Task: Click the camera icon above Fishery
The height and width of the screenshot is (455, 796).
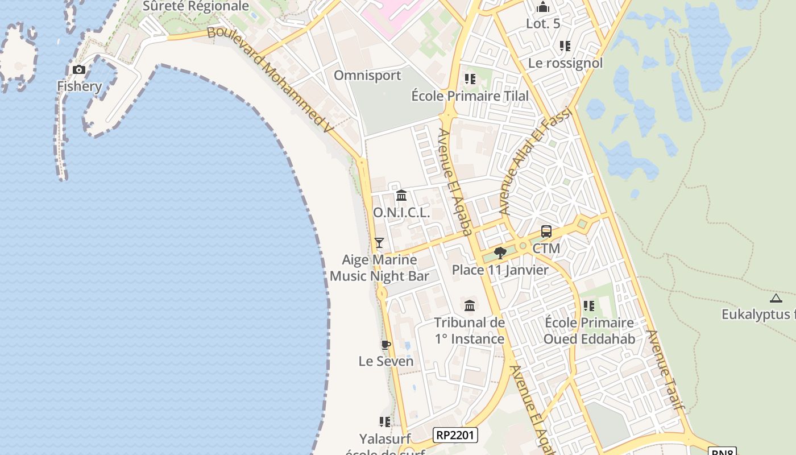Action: click(79, 70)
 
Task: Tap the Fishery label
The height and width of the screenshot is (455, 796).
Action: click(79, 86)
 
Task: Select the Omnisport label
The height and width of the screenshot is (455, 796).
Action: click(367, 76)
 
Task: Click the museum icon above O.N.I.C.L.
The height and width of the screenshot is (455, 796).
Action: click(401, 196)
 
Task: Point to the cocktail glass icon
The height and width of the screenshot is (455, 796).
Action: click(379, 243)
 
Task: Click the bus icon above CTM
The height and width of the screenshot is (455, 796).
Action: click(546, 231)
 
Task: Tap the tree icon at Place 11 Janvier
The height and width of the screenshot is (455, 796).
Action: click(500, 253)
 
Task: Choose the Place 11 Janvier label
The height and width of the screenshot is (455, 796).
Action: click(500, 270)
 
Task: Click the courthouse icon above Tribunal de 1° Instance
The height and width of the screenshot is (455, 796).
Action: click(470, 306)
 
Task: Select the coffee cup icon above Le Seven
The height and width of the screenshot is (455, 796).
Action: click(386, 345)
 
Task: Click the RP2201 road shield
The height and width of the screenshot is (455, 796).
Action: click(455, 436)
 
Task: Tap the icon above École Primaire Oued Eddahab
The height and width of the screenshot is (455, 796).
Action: click(589, 306)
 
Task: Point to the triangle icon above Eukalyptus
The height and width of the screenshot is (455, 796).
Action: click(776, 297)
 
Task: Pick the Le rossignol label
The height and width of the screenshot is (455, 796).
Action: click(565, 63)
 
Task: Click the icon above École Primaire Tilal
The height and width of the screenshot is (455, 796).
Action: click(470, 79)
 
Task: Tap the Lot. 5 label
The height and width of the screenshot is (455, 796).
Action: click(543, 24)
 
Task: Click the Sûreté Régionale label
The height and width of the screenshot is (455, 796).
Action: click(196, 6)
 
